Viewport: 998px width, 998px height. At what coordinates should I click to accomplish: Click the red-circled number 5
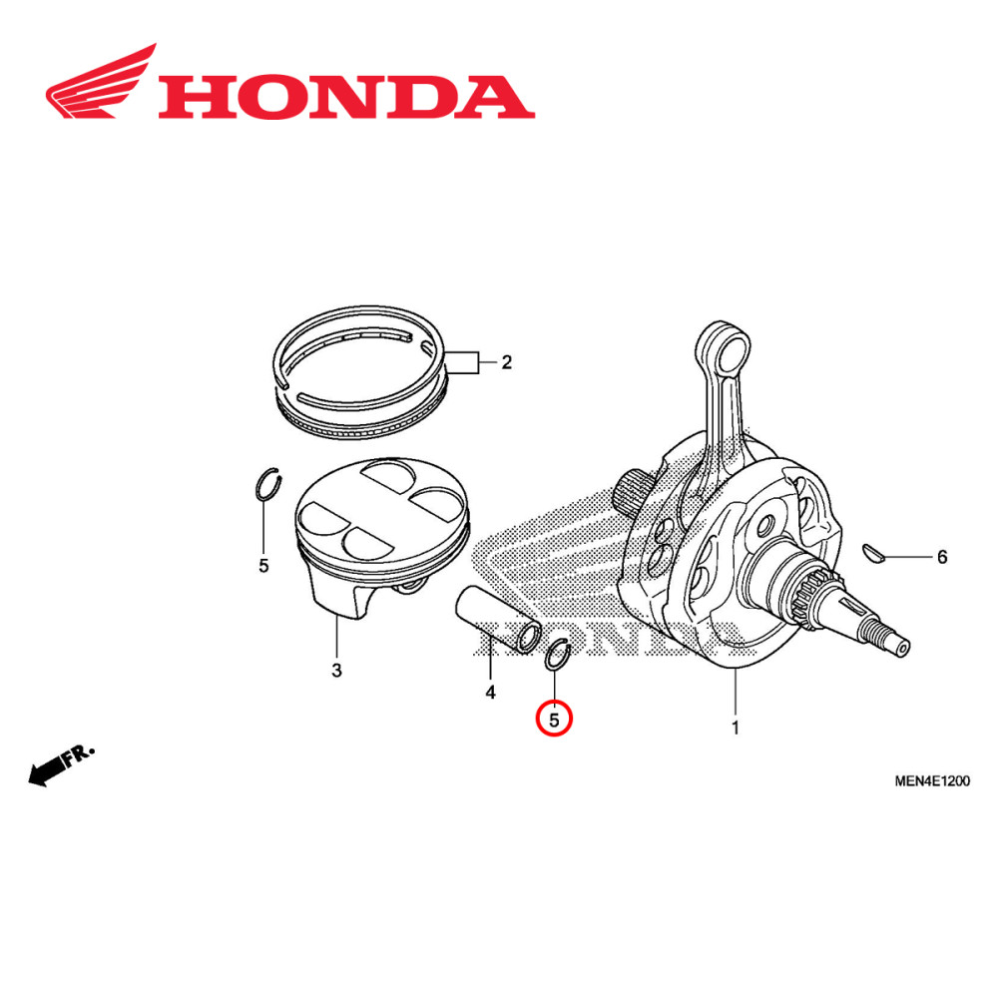click(555, 718)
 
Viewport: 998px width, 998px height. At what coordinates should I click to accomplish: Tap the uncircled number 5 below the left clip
click(263, 566)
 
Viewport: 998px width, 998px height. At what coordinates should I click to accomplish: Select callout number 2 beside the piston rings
click(506, 362)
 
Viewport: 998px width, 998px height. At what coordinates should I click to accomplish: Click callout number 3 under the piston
click(336, 670)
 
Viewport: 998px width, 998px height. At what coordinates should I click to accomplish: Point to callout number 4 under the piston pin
click(490, 692)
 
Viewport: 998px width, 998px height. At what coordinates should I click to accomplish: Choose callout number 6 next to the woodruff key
click(941, 557)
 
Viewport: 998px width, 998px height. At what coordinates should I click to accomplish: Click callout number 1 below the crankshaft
click(736, 728)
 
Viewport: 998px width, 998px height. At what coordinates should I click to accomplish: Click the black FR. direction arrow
click(60, 763)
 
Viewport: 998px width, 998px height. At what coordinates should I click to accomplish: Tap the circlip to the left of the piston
click(265, 486)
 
